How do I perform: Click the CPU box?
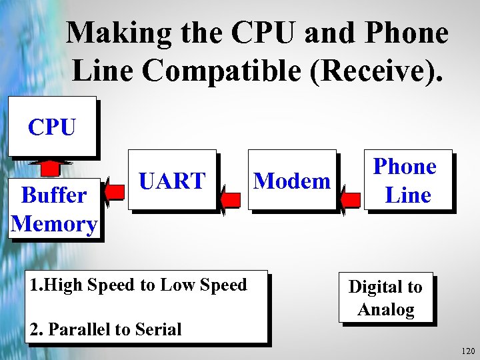[52, 127]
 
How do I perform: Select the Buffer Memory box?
[54, 209]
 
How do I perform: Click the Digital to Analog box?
[385, 298]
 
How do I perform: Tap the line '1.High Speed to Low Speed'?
[139, 285]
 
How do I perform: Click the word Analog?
[385, 309]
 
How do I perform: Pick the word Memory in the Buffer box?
[54, 223]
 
